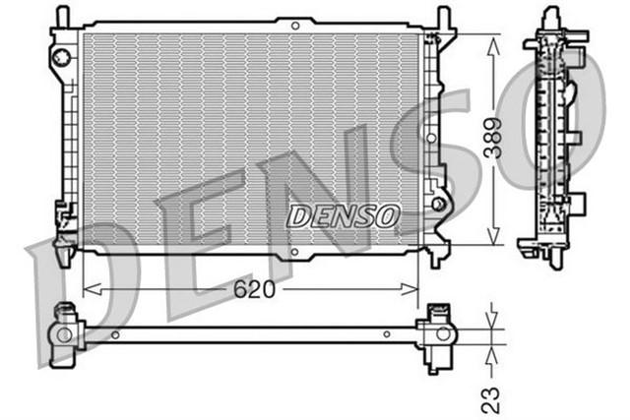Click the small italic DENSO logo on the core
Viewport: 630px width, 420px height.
point(344,213)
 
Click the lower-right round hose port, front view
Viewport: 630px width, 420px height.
point(440,206)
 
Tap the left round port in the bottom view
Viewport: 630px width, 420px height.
point(65,335)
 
